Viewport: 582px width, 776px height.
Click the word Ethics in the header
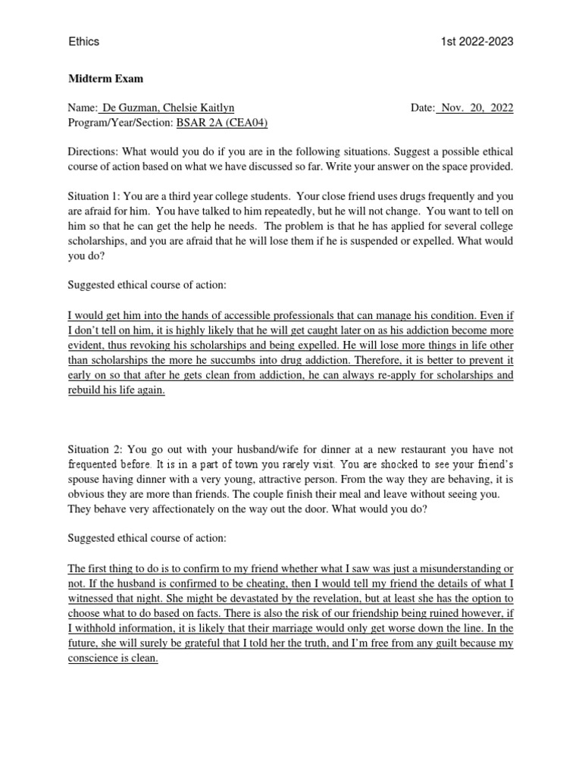tap(83, 42)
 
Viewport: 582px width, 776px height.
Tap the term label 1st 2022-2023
tap(477, 42)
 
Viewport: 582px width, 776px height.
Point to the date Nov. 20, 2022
tap(476, 108)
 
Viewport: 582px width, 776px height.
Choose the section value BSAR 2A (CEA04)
tap(222, 123)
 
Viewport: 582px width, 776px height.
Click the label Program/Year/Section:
tap(120, 123)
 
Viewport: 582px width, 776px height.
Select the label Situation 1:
tap(95, 196)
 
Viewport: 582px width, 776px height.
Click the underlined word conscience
tap(95, 659)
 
